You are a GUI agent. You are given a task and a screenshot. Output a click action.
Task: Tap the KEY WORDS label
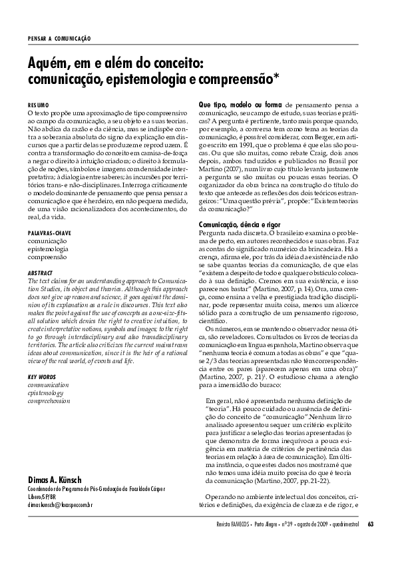click(41, 377)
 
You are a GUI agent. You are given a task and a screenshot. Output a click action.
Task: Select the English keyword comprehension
click(51, 402)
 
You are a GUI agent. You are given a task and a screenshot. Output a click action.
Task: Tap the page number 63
click(371, 542)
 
